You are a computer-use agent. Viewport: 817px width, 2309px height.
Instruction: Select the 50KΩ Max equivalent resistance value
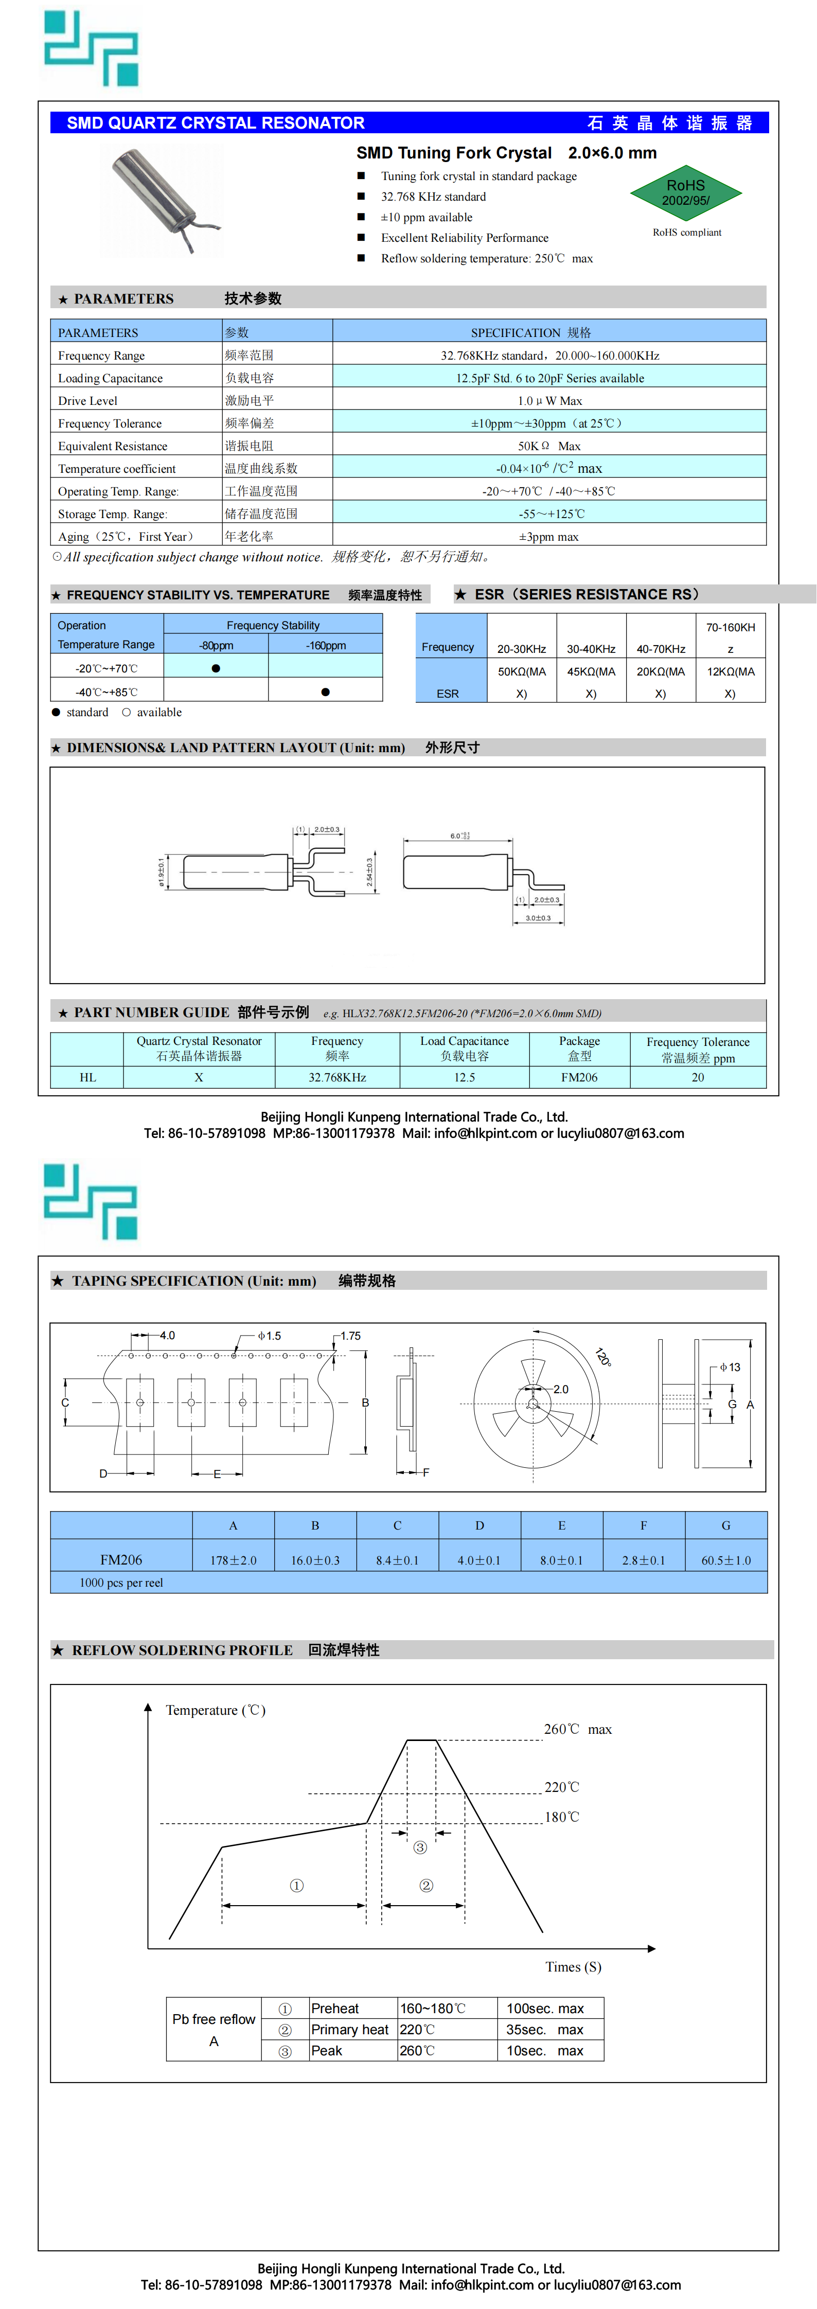tap(549, 446)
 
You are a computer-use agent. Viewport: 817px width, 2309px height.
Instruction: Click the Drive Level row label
tap(88, 401)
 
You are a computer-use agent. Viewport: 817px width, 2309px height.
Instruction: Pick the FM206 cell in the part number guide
tap(579, 1077)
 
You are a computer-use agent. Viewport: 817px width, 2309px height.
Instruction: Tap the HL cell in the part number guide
tap(88, 1077)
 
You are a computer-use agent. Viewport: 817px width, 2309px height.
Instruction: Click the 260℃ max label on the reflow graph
tap(578, 1729)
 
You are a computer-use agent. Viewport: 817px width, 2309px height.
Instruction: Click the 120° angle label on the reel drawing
tap(603, 1357)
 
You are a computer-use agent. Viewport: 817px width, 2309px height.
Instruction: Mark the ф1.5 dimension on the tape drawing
tap(269, 1336)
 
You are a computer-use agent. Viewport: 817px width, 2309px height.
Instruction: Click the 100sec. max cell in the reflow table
tap(545, 2009)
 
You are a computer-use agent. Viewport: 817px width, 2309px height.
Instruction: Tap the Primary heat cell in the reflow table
tap(350, 2029)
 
